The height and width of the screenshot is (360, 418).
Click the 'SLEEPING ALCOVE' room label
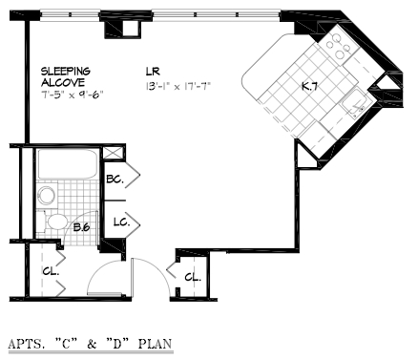(x=65, y=77)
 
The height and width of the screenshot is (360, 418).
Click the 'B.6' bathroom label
(x=81, y=227)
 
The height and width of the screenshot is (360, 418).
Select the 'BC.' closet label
(x=115, y=179)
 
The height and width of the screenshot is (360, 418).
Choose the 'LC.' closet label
(x=120, y=222)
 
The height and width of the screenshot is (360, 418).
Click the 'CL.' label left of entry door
(x=49, y=270)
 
